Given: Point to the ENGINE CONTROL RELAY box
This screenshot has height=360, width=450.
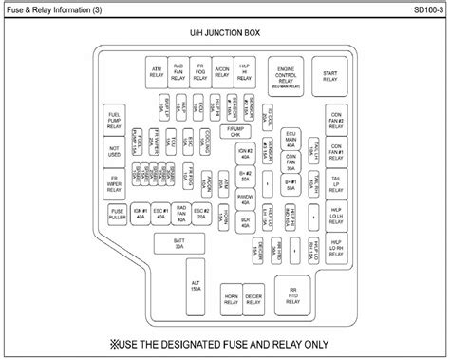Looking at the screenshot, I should [286, 76].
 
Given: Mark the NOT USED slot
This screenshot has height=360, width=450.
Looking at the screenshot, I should [115, 151].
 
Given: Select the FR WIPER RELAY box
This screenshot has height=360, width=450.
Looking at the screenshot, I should [115, 181].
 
